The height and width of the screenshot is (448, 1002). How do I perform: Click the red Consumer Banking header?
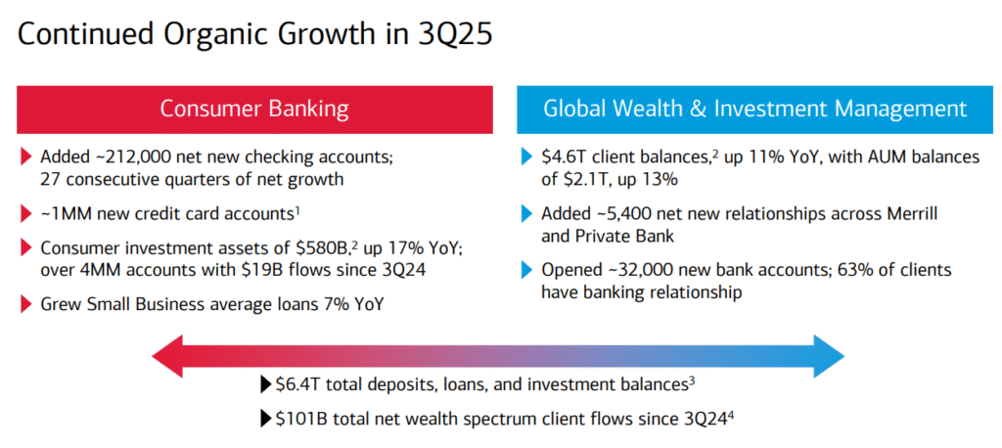point(254,109)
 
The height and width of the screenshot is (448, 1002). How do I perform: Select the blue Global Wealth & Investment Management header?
point(754,109)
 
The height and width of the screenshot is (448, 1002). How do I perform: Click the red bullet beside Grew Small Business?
point(24,305)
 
